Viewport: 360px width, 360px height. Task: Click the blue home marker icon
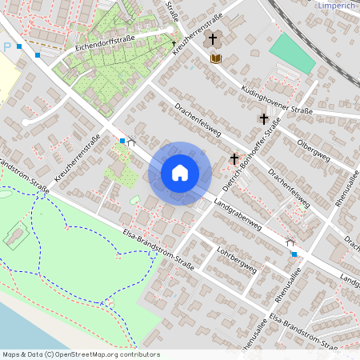click(180, 173)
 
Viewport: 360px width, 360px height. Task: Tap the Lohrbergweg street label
click(236, 258)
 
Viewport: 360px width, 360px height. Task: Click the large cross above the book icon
click(213, 38)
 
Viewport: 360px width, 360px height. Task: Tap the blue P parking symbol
click(7, 46)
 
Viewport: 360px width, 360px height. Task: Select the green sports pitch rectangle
click(293, 54)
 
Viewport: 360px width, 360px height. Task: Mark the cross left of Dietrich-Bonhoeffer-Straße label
click(234, 159)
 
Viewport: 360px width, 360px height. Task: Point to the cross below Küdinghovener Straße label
click(263, 118)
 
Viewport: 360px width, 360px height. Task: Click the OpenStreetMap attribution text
click(81, 354)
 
